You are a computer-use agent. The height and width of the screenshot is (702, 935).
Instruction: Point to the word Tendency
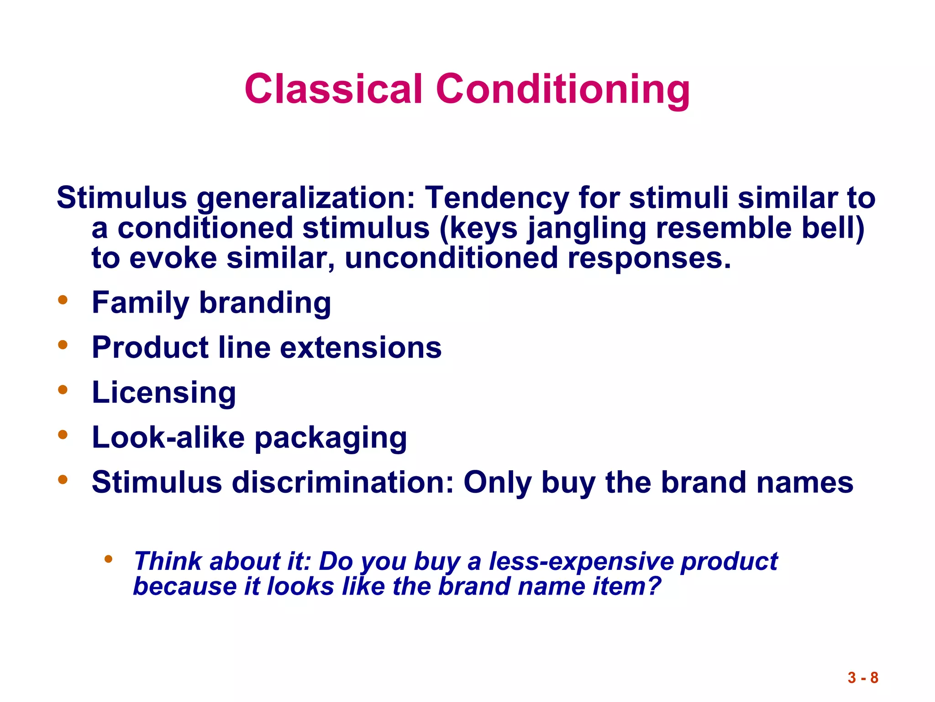497,198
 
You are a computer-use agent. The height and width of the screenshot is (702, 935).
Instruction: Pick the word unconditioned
451,258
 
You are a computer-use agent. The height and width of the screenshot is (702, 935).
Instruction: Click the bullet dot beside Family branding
63,300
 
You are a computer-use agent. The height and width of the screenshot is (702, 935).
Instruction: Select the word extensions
361,348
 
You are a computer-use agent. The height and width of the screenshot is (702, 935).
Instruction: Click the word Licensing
164,393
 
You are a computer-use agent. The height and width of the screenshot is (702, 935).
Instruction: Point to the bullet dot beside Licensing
63,390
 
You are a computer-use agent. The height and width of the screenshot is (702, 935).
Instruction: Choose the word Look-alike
168,437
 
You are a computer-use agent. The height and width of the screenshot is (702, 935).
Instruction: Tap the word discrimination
342,483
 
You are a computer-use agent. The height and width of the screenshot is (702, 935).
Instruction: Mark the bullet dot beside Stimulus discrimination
63,480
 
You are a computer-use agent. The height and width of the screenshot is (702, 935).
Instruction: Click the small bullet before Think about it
108,558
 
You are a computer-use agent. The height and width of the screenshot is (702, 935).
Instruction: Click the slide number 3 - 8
863,678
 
